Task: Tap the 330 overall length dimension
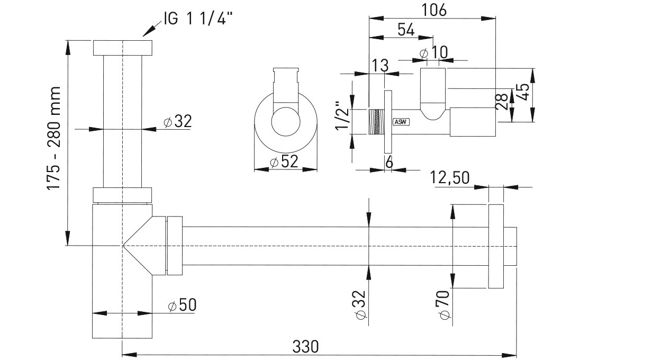coord(305,347)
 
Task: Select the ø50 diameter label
coord(182,305)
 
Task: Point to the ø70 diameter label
coord(445,304)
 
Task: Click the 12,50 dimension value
coord(450,178)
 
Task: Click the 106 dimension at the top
coord(432,10)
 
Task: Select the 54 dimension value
coord(405,30)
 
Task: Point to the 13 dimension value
coord(380,66)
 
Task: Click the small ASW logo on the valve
coord(400,121)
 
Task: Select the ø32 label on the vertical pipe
coord(177,121)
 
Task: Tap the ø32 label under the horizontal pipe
coord(361,305)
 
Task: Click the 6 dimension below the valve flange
coord(389,162)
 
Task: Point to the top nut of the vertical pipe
coord(123,48)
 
